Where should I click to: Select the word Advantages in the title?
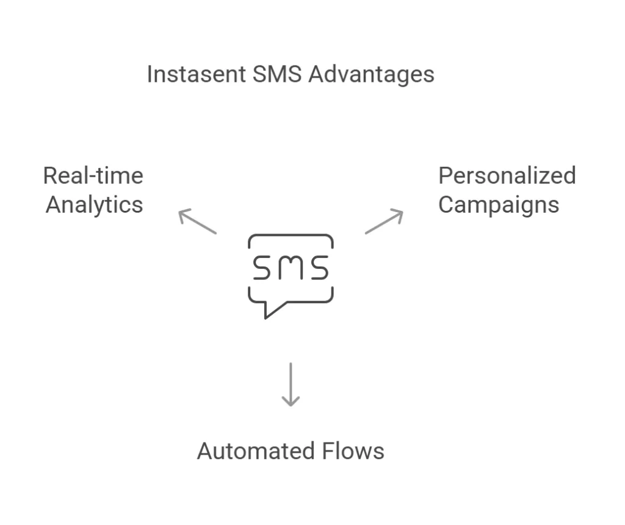371,75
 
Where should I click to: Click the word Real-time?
93,176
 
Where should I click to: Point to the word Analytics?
94,204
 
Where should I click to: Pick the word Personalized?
507,176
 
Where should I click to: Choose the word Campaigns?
498,205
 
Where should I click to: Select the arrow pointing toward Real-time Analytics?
197,221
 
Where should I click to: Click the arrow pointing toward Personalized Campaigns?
384,221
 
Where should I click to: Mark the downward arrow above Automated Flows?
291,384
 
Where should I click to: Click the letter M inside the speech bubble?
291,268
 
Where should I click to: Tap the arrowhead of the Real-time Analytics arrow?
182,213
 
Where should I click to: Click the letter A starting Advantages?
316,75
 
